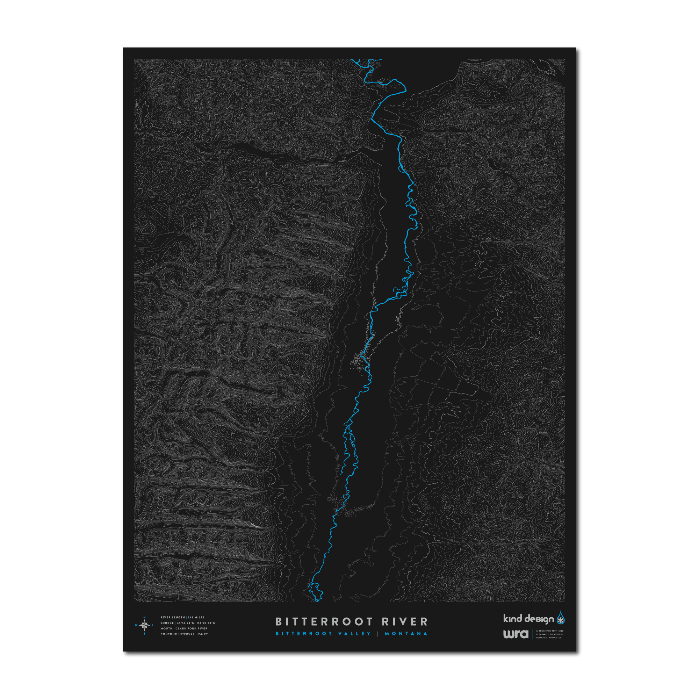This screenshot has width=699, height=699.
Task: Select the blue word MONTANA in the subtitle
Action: coord(406,634)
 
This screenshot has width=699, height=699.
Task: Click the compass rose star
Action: coord(145,625)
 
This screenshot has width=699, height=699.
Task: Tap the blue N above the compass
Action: coord(145,617)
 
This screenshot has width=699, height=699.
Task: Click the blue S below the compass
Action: coord(145,634)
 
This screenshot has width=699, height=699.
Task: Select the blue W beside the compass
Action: coord(136,625)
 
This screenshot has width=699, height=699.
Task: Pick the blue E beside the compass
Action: coord(153,625)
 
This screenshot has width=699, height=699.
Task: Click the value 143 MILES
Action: coord(196,617)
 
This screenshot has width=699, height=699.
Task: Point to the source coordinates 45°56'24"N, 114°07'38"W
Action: coord(196,623)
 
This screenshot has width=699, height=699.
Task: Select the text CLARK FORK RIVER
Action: coord(192,628)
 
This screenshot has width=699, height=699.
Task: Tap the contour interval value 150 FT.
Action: coord(203,634)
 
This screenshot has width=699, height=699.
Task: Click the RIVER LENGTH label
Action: coord(173,617)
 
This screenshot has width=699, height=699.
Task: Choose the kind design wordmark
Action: coord(528,619)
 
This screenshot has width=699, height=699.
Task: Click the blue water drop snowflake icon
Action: coord(561,618)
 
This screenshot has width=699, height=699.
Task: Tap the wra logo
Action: coord(516,634)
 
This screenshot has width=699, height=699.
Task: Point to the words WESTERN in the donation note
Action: coord(557,634)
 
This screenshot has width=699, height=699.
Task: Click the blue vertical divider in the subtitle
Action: coord(378,634)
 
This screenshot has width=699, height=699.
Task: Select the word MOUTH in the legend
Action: coord(166,628)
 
